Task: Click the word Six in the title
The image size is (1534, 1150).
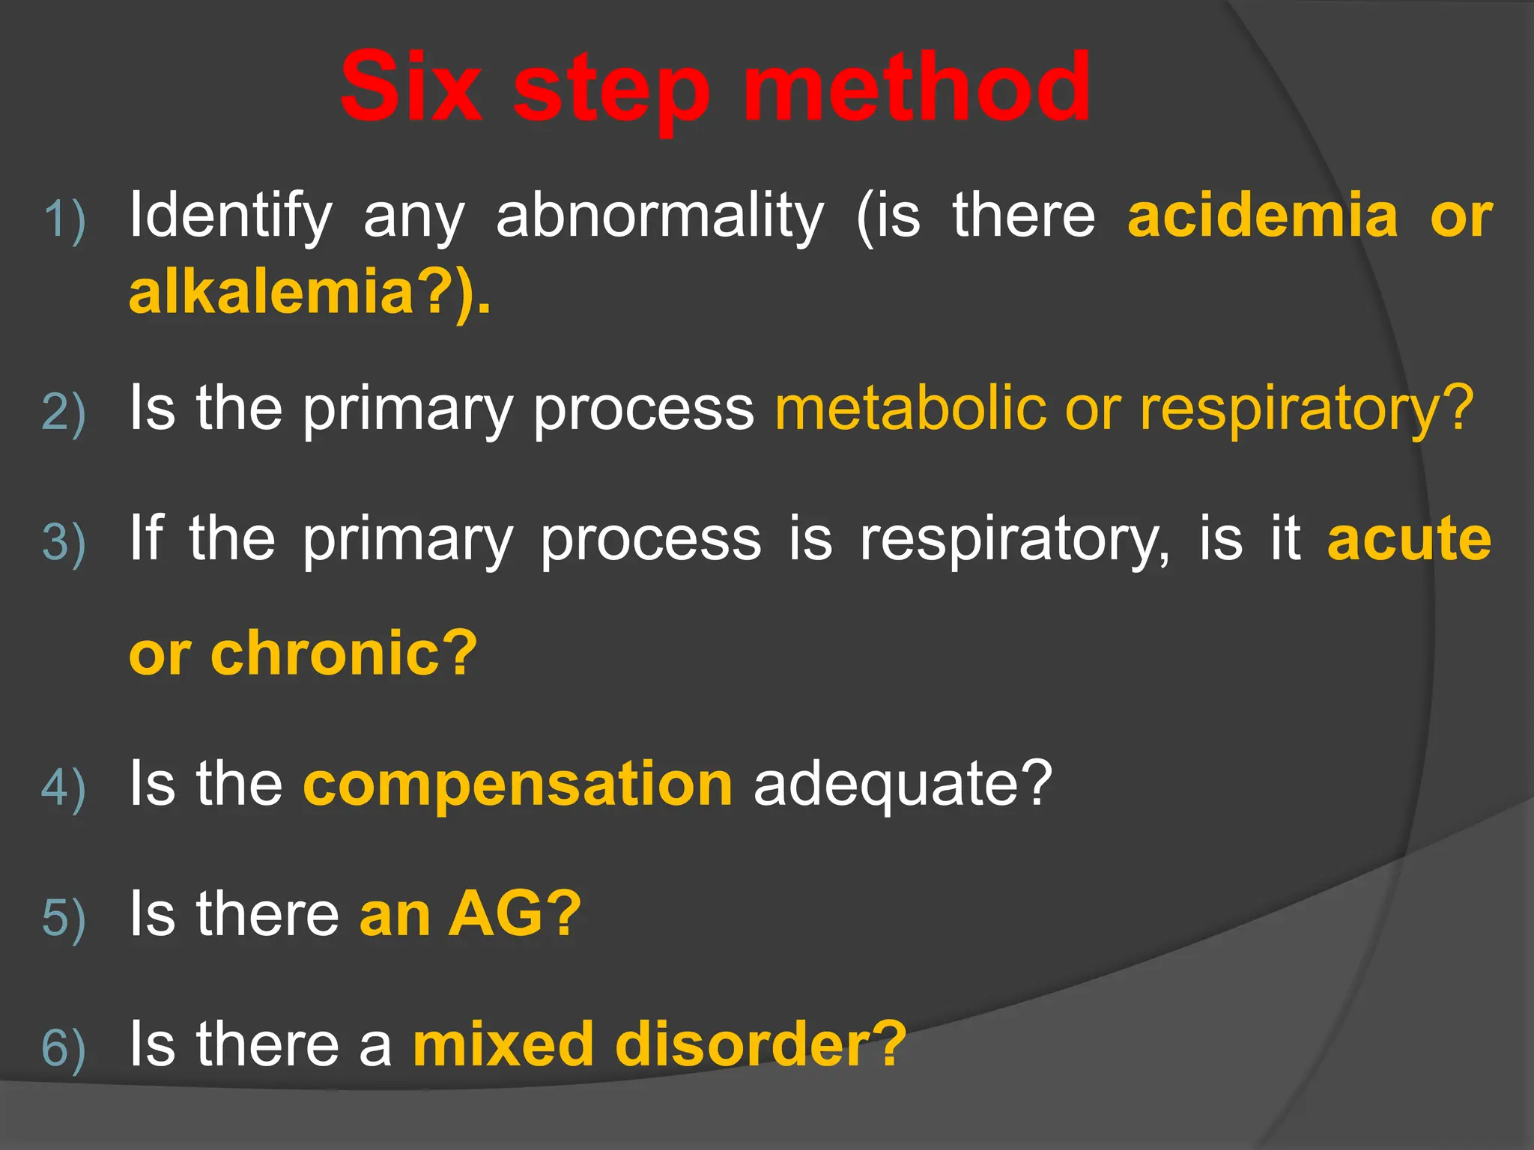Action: [410, 88]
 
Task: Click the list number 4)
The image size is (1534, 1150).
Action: [64, 788]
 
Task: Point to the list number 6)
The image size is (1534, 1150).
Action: [64, 1048]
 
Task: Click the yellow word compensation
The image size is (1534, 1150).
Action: [518, 785]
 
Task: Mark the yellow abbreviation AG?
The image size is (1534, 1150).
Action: [514, 914]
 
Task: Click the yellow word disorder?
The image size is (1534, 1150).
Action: [760, 1044]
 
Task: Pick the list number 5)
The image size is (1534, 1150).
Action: [64, 918]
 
